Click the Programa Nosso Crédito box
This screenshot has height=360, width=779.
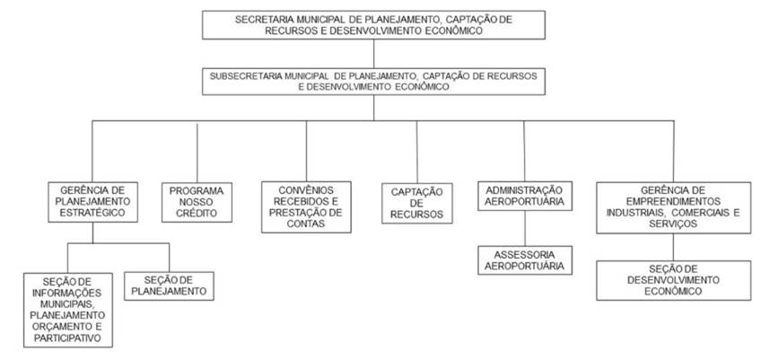tap(197, 202)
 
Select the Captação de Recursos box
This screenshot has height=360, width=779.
tap(416, 203)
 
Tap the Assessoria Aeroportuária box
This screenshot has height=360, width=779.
tap(525, 260)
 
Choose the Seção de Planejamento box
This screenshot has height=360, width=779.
tap(169, 285)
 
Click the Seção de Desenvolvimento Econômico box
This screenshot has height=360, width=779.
tap(673, 280)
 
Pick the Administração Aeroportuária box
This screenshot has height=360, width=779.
tap(525, 196)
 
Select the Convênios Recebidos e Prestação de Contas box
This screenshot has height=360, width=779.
tap(306, 206)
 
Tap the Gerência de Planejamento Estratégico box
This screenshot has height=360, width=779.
tap(92, 202)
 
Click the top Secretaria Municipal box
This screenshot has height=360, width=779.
tap(373, 25)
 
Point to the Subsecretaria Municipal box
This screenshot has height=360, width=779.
tap(373, 81)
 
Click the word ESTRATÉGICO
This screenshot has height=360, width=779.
tap(92, 213)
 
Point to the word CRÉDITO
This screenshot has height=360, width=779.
tap(197, 214)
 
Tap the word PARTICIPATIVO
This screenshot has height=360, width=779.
tap(67, 338)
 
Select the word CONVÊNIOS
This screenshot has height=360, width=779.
tap(306, 191)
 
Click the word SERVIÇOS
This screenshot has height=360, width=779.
tap(673, 224)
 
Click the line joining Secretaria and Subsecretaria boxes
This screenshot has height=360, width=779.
tap(373, 54)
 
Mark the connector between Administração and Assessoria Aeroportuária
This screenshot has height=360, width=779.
tap(525, 228)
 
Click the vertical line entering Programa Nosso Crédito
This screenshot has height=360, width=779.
tap(197, 153)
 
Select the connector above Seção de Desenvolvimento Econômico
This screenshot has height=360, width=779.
tap(673, 247)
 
